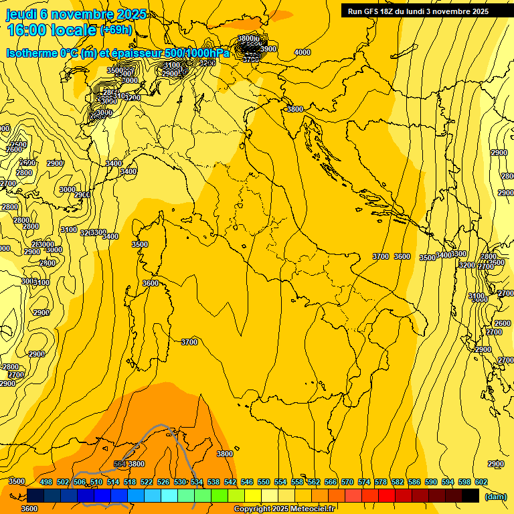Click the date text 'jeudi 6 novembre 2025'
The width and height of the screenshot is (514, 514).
coord(76,14)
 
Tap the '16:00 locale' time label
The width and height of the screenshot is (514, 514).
coord(52,30)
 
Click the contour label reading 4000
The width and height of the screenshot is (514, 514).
coord(303,52)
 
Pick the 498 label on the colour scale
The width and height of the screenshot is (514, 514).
coord(46,482)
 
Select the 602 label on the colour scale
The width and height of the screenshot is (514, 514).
coord(481,482)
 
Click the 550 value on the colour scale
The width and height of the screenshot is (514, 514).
coord(264,482)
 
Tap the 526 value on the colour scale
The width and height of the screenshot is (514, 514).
coord(163,482)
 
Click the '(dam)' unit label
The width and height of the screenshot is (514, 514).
coord(495,497)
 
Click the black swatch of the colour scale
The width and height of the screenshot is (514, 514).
coord(470,495)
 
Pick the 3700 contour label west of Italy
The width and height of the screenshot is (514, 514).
coord(189,342)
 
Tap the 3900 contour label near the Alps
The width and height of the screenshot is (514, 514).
coord(268,49)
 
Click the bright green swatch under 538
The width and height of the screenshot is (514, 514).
coord(220,495)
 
